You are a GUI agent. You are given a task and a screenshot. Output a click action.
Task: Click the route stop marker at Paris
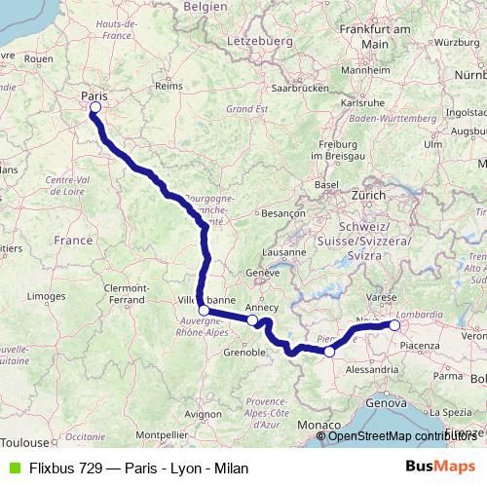click(x=94, y=108)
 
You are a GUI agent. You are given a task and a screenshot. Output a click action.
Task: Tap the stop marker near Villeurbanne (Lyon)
click(x=204, y=311)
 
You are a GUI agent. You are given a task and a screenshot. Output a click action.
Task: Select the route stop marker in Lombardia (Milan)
click(x=394, y=325)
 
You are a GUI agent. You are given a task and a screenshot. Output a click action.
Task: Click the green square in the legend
click(x=13, y=468)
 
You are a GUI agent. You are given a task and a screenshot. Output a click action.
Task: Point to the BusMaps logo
click(x=442, y=468)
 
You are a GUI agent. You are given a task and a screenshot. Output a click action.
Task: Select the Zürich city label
click(x=369, y=195)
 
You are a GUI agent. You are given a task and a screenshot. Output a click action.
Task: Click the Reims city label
click(x=169, y=86)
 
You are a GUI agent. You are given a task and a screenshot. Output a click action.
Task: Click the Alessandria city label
click(x=373, y=370)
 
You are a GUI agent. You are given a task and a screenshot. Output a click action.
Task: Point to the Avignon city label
click(x=202, y=413)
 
